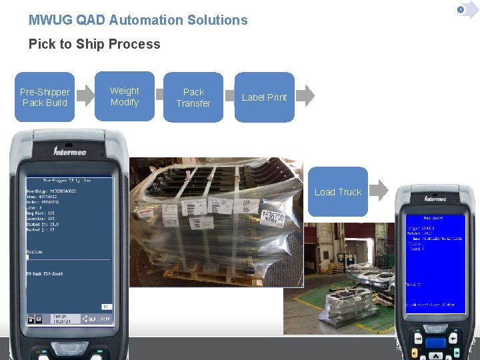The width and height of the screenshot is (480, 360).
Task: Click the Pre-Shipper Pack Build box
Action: (x=45, y=97)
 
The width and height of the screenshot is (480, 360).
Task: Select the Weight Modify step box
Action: (x=125, y=97)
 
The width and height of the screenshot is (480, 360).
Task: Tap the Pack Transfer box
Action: (x=193, y=97)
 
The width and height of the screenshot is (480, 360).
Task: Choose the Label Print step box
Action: (x=264, y=97)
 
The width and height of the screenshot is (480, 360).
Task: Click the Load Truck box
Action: (x=337, y=192)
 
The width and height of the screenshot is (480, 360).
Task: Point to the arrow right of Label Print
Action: (x=305, y=95)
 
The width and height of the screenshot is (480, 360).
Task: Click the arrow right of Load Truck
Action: (x=378, y=190)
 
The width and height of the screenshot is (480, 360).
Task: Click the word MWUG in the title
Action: (x=51, y=20)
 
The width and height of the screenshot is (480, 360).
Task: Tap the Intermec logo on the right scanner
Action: (x=435, y=199)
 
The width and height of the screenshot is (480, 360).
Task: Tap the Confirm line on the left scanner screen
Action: (x=35, y=252)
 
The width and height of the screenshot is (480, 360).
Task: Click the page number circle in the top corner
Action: (x=460, y=9)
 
